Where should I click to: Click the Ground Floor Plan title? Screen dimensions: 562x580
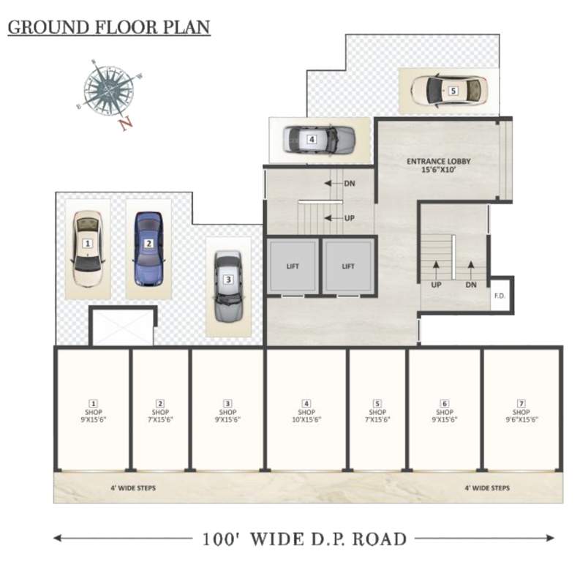pyautogui.click(x=109, y=28)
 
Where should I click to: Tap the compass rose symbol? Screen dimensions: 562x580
pyautogui.click(x=108, y=89)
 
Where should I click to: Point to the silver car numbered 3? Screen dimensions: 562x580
pyautogui.click(x=228, y=286)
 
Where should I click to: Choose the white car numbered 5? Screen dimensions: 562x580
pyautogui.click(x=448, y=91)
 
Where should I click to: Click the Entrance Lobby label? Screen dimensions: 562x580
pyautogui.click(x=439, y=165)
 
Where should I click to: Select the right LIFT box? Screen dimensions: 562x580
pyautogui.click(x=349, y=266)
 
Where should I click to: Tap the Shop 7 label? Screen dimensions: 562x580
pyautogui.click(x=521, y=412)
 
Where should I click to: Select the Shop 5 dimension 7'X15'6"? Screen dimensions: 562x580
pyautogui.click(x=377, y=420)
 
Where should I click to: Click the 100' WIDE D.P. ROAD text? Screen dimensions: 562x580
pyautogui.click(x=304, y=540)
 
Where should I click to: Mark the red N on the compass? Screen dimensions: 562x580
pyautogui.click(x=126, y=124)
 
